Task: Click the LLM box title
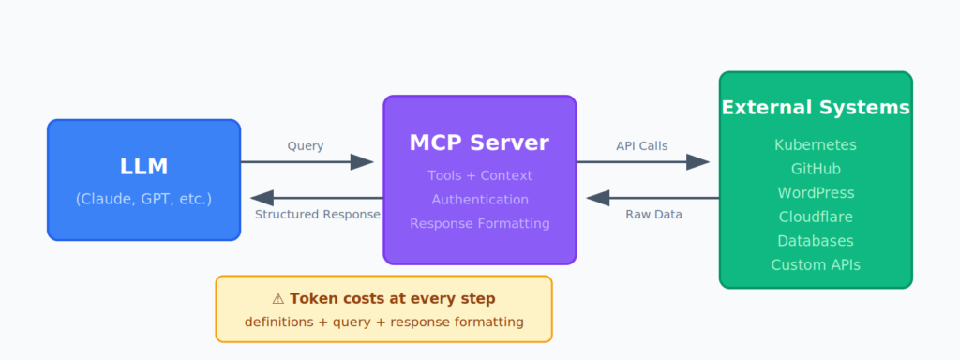click(143, 167)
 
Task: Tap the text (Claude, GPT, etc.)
click(143, 199)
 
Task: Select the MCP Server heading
click(479, 142)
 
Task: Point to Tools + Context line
click(479, 175)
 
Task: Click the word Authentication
click(479, 200)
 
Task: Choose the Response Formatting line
click(479, 223)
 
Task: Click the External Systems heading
click(815, 108)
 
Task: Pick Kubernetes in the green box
click(815, 144)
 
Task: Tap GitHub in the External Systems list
click(815, 169)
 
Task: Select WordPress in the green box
click(815, 193)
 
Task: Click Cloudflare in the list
click(815, 217)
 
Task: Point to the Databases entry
click(815, 241)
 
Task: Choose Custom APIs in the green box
click(815, 265)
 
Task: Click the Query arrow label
click(306, 146)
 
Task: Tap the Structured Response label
click(317, 215)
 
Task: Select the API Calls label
click(641, 146)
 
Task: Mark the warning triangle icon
click(277, 299)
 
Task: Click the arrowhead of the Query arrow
click(363, 162)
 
